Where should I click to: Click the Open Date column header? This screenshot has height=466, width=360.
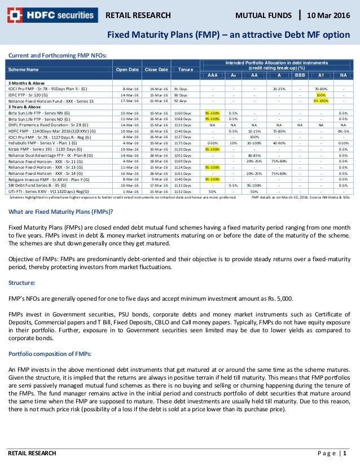coord(127,69)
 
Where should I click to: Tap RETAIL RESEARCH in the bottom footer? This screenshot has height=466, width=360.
coord(32,453)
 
